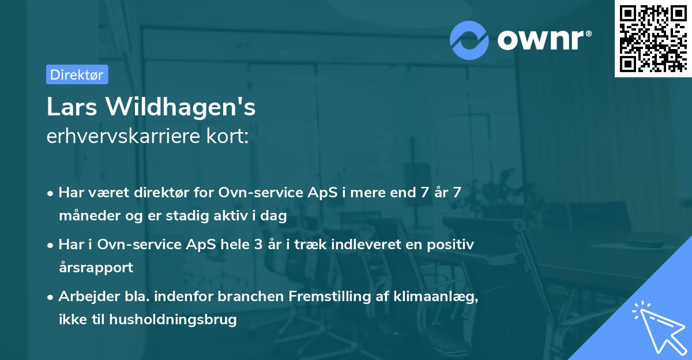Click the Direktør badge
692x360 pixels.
pos(77,74)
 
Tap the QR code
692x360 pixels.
pos(652,38)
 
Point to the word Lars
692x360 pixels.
pos(67,107)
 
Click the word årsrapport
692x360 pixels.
pos(96,268)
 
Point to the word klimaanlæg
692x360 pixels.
pos(427,297)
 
